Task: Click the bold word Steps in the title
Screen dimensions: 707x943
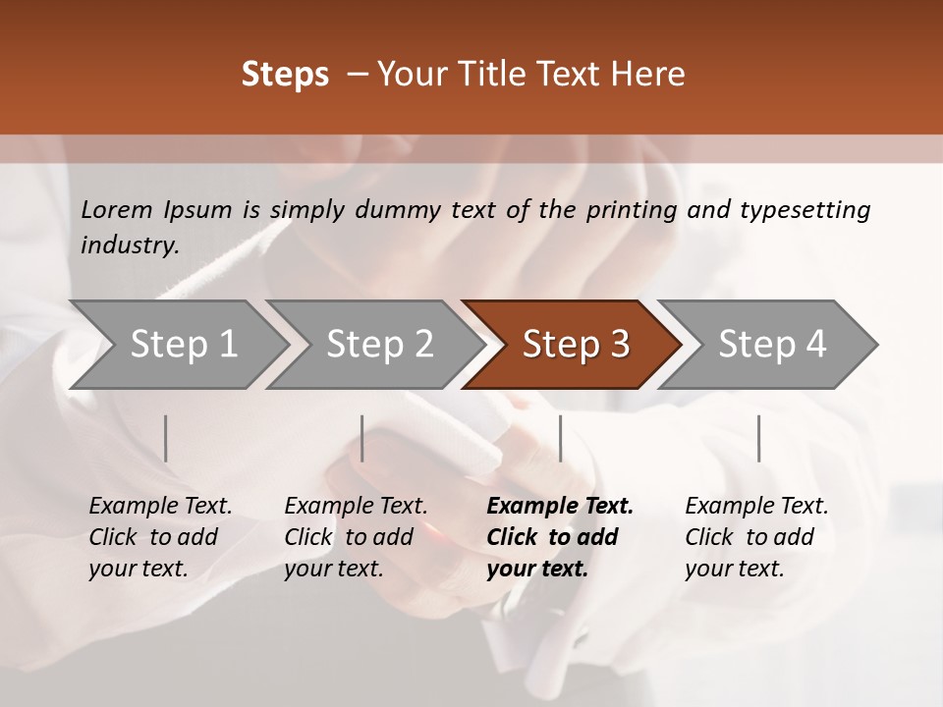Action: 285,75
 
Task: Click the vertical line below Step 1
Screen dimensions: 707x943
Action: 166,438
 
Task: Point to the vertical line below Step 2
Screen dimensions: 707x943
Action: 362,438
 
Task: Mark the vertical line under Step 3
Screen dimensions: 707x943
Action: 560,438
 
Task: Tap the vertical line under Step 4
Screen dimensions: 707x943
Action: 758,438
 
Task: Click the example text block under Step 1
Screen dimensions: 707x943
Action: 160,537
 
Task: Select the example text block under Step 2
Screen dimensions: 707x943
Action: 356,537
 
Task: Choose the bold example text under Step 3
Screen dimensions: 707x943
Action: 560,537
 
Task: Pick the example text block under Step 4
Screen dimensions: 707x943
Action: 756,537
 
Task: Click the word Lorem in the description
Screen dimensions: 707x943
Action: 117,209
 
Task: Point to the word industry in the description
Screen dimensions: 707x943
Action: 130,245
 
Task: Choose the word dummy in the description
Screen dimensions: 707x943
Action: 388,210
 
